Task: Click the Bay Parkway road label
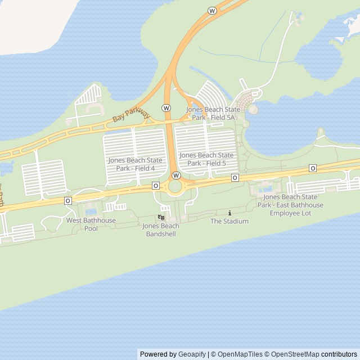coord(131,113)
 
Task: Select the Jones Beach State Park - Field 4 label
coord(135,164)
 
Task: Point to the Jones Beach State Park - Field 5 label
coord(206,159)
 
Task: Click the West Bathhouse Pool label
coord(91,224)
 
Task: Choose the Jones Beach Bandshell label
coord(161,229)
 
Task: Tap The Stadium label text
coord(229,221)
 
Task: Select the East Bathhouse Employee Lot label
coord(290,205)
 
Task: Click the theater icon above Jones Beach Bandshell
coord(161,217)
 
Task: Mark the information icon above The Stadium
coord(229,213)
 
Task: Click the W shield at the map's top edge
coord(212,11)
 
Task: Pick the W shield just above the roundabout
coord(176,175)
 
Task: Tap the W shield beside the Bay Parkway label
coord(166,107)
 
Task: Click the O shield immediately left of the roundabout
coord(155,186)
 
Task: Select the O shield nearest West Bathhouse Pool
coord(68,200)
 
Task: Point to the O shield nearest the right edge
coord(313,168)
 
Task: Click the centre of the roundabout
coord(176,187)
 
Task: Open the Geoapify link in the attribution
coord(192,354)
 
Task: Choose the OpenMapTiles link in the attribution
coord(240,354)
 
